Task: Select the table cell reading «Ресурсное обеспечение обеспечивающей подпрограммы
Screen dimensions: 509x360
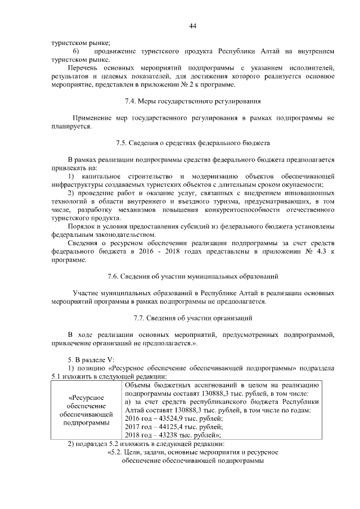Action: pos(86,410)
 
